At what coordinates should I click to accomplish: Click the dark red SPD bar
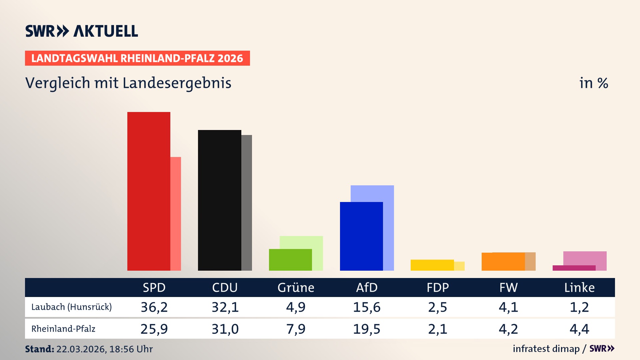(x=149, y=191)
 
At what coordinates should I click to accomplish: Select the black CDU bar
(x=219, y=200)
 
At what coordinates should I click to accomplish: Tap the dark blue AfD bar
(x=361, y=236)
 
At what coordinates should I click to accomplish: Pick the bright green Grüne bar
(x=290, y=260)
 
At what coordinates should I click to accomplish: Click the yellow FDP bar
(x=432, y=265)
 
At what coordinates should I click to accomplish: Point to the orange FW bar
(x=503, y=262)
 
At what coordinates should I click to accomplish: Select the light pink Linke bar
(x=585, y=258)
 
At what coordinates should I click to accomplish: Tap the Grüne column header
(x=296, y=287)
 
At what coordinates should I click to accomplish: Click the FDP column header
(x=438, y=287)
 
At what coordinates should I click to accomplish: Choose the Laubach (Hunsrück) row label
(x=71, y=307)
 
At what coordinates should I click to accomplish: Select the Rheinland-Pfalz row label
(x=63, y=329)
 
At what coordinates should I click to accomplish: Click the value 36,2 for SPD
(x=154, y=307)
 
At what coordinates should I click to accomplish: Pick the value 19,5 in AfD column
(x=367, y=329)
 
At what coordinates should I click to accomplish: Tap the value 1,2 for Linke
(x=579, y=307)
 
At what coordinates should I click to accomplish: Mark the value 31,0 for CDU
(x=225, y=329)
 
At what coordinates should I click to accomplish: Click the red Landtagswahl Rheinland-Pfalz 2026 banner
(x=137, y=58)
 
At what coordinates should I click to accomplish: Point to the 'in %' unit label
(x=594, y=83)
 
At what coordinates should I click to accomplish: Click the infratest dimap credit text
(x=546, y=349)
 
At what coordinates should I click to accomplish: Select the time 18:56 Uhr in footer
(x=131, y=349)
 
